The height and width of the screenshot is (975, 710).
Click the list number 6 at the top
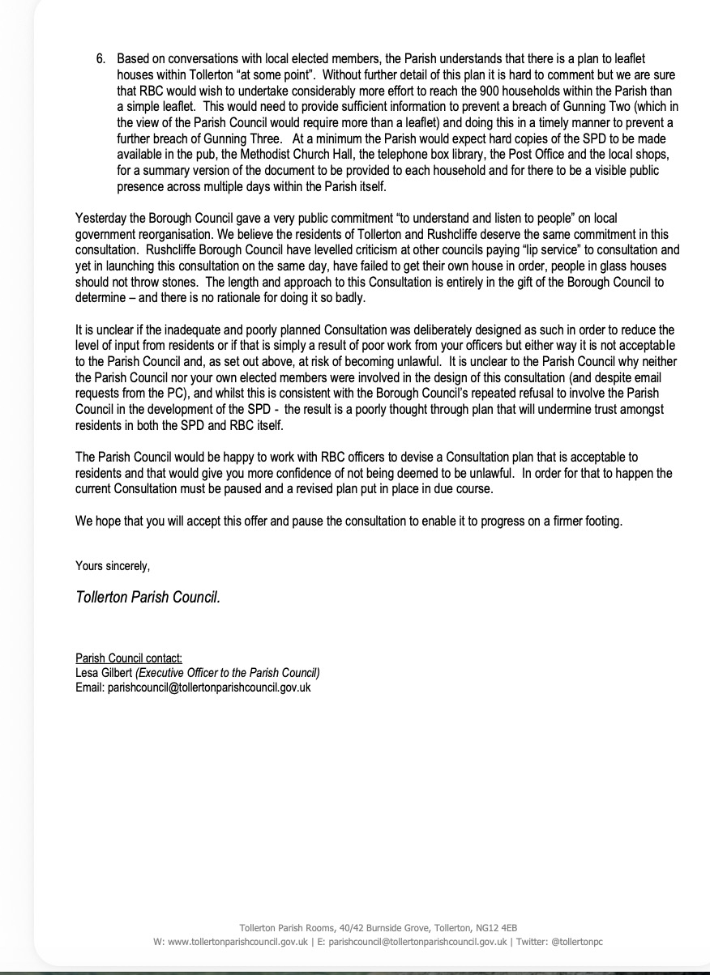coord(100,59)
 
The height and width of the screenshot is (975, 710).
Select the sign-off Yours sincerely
coord(113,565)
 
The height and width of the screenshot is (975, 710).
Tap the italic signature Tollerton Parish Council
coord(148,598)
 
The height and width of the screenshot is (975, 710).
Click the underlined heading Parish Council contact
coord(129,658)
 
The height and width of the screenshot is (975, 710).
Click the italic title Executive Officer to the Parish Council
coord(229,673)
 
